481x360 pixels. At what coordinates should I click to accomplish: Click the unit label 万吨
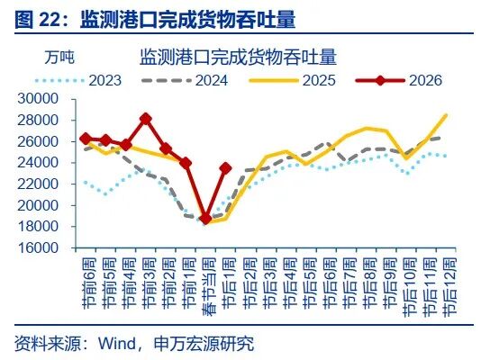point(59,57)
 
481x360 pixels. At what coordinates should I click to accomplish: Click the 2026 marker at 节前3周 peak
point(146,119)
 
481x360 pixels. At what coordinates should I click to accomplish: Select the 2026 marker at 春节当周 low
point(205,218)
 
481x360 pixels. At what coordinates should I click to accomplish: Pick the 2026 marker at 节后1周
point(225,167)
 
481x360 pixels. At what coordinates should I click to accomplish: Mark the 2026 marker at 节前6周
point(86,139)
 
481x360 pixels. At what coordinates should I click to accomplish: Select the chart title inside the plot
point(238,58)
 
